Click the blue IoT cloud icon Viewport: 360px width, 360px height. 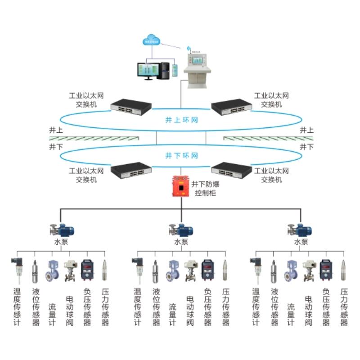[151, 40]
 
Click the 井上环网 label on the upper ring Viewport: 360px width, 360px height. [181, 121]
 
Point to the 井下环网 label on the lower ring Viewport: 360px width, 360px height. [181, 156]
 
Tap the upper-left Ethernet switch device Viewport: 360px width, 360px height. [131, 106]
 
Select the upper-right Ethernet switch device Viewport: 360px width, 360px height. [232, 106]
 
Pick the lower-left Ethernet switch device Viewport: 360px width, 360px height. [131, 170]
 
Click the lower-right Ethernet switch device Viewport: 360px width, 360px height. [232, 170]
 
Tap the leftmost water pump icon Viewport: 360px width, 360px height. [62, 230]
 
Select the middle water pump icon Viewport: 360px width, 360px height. [181, 230]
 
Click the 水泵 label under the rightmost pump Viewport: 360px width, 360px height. [301, 242]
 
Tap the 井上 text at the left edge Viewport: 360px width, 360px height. [56, 130]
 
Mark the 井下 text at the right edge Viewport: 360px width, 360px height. [306, 147]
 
